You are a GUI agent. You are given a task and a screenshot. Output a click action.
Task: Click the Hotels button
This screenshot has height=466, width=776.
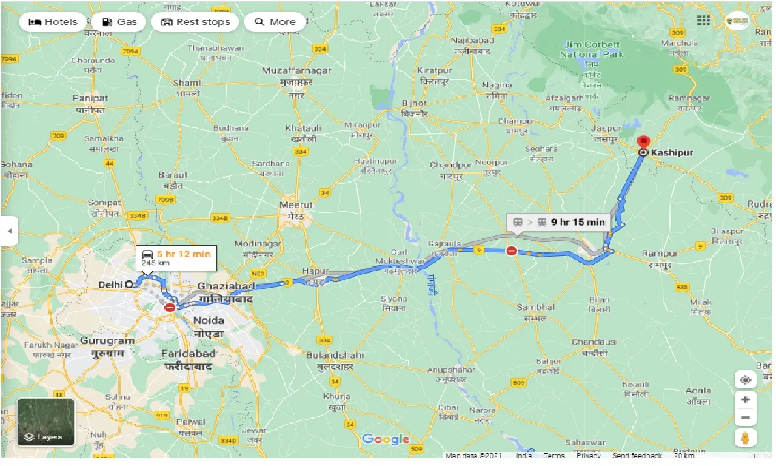(53, 22)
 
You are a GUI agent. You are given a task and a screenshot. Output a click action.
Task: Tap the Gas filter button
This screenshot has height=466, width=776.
(119, 22)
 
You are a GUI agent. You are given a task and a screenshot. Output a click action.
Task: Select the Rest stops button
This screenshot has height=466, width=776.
(195, 22)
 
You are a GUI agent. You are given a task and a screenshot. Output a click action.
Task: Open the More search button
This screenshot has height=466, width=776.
(275, 22)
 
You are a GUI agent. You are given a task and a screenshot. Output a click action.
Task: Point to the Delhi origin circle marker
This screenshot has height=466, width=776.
(129, 284)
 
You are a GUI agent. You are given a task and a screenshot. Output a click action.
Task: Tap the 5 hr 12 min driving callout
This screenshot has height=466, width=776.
(175, 258)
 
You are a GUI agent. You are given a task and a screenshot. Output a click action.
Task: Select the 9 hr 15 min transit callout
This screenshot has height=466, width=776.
(558, 222)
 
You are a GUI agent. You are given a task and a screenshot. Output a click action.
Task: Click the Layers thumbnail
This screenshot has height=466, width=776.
(45, 422)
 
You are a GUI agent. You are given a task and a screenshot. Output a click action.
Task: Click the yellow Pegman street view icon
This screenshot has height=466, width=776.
(745, 437)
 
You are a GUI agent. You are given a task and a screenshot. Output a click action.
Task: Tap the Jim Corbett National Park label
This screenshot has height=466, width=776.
(590, 49)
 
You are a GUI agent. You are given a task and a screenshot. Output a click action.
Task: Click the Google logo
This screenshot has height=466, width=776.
(386, 439)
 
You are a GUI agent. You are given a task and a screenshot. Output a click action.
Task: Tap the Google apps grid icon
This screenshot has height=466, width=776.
(703, 21)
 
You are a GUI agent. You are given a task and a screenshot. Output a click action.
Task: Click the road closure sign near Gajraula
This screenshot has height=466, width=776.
(512, 251)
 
